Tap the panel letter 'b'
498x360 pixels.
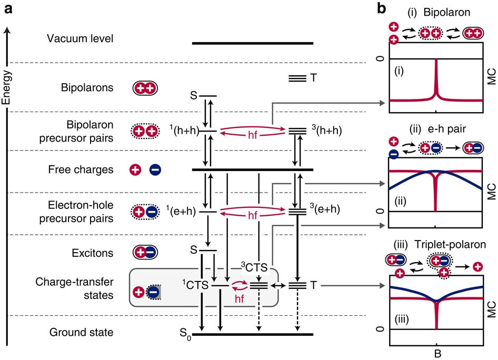point(383,8)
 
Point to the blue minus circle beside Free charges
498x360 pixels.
point(155,170)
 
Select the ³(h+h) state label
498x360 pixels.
point(327,130)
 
